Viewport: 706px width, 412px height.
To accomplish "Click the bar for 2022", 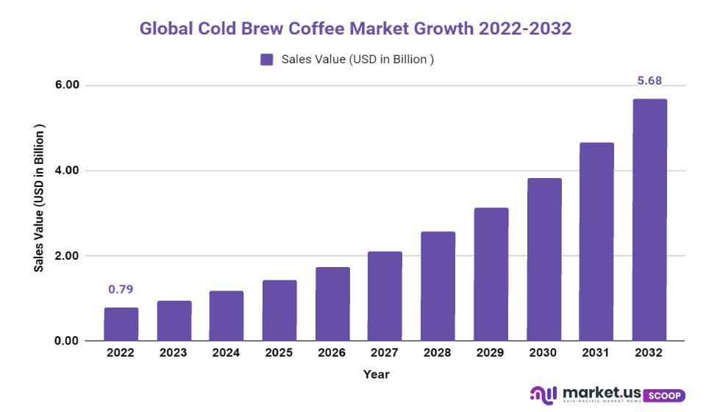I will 121,324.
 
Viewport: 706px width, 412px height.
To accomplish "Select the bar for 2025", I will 279,310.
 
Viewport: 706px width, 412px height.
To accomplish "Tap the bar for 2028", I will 438,286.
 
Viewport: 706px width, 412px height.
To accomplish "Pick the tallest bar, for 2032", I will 649,220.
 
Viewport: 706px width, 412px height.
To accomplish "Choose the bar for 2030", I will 543,260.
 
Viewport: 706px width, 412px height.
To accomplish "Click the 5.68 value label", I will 649,80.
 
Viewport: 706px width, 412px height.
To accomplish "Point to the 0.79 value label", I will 121,289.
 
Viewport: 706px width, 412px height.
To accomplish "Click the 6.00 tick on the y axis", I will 67,85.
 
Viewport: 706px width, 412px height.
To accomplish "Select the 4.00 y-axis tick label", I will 67,171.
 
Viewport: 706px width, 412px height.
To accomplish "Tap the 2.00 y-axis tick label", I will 67,256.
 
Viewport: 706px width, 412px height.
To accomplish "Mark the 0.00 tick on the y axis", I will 67,341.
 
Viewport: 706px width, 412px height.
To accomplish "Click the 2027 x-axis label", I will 385,353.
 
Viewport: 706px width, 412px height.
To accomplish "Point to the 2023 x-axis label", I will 174,353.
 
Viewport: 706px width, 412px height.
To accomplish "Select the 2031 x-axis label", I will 596,353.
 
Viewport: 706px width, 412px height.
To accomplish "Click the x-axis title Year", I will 376,374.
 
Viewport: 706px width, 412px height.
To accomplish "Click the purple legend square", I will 267,60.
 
